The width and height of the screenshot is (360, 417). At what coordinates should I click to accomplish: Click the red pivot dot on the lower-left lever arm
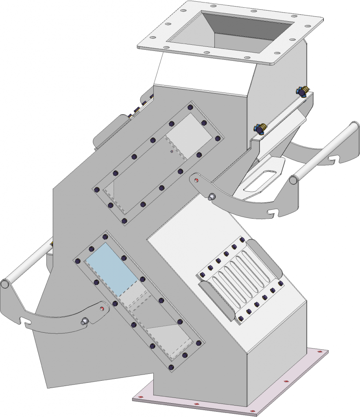102,308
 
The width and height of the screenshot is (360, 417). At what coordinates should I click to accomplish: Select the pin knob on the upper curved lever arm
211,198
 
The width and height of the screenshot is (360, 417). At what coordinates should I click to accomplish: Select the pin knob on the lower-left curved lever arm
84,321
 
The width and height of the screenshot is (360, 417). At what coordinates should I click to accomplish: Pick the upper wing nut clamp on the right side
302,92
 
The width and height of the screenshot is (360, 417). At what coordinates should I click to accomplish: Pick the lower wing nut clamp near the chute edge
259,129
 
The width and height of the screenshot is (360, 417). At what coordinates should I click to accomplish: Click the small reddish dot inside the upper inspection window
172,152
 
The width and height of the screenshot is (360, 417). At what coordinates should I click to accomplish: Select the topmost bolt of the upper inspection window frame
190,108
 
